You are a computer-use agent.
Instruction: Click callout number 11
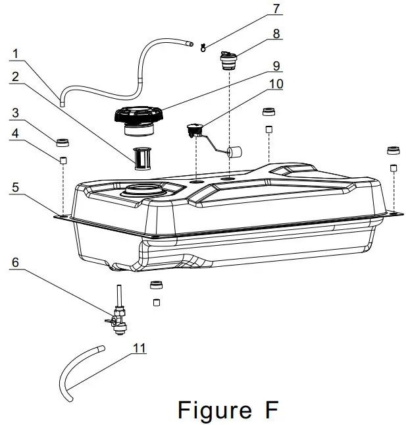[x=140, y=347]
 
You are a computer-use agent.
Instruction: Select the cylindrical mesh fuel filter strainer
[x=143, y=158]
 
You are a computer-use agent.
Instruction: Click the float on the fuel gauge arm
[x=234, y=153]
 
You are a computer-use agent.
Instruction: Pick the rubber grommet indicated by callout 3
[x=64, y=142]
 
